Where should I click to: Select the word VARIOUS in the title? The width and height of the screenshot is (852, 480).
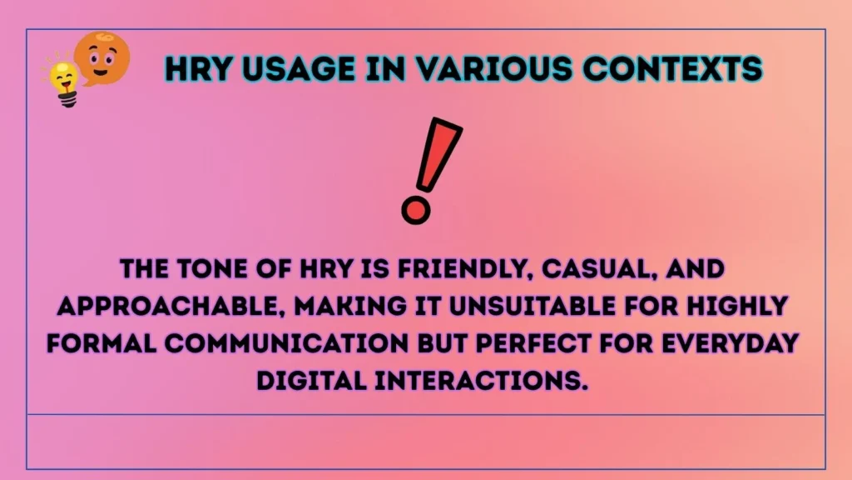pos(499,68)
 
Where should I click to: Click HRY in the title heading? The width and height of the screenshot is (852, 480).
pos(198,68)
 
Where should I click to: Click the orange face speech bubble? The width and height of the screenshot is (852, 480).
pos(102,58)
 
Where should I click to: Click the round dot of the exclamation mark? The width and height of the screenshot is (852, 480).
pos(416,207)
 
